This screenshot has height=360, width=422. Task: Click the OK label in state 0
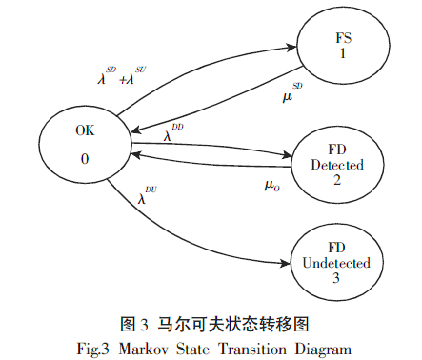tap(85, 133)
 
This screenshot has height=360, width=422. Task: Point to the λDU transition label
tap(147, 197)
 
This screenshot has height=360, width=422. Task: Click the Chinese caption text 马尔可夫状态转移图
tap(239, 326)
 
